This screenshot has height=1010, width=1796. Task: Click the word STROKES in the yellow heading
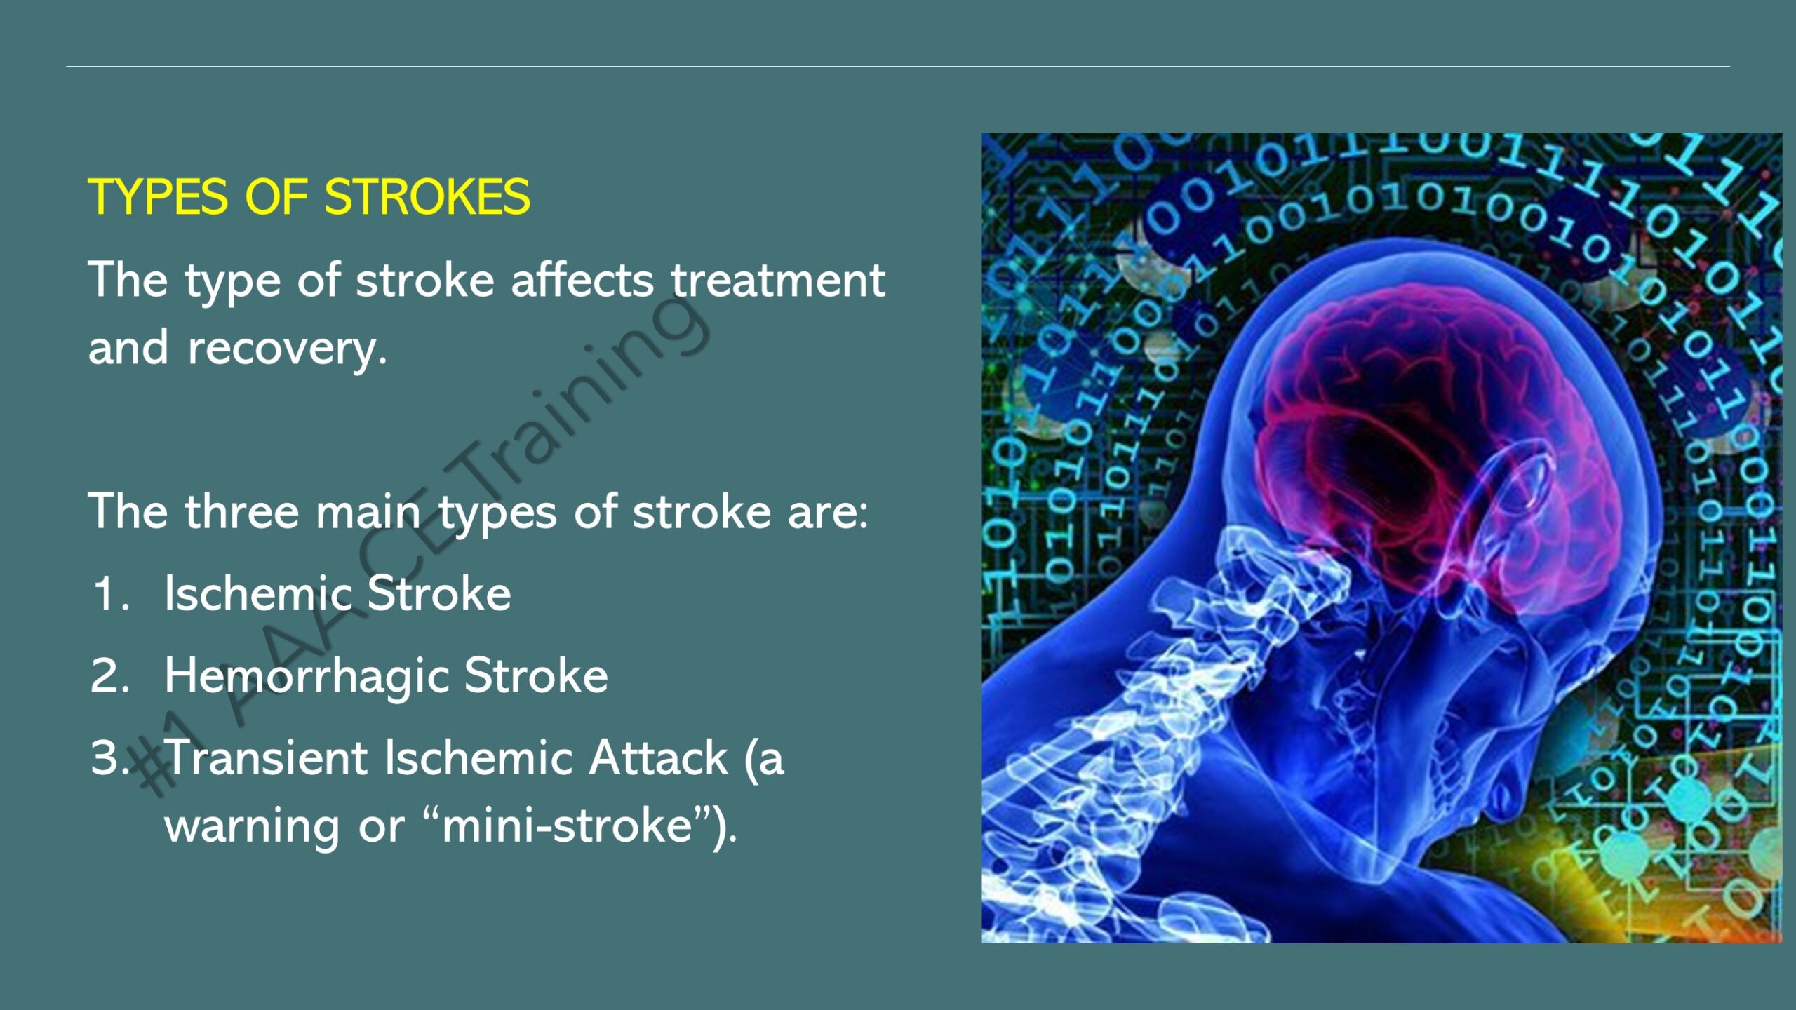pyautogui.click(x=427, y=196)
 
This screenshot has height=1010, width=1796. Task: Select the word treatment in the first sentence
pyautogui.click(x=778, y=280)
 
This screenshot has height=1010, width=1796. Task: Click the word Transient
pyautogui.click(x=267, y=757)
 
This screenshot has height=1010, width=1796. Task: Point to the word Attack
pyautogui.click(x=658, y=757)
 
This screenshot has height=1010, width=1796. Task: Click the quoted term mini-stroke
pyautogui.click(x=568, y=826)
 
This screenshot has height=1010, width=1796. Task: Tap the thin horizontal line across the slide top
pyautogui.click(x=898, y=67)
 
